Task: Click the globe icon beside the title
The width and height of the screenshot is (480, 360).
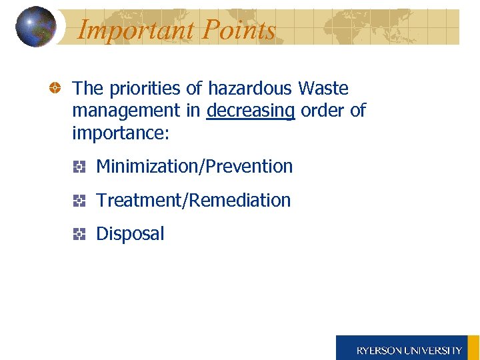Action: pyautogui.click(x=36, y=27)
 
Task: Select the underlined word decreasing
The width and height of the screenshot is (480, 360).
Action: pyautogui.click(x=251, y=111)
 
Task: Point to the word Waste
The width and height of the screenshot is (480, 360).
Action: pyautogui.click(x=323, y=88)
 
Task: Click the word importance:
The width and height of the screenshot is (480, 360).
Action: pyautogui.click(x=121, y=133)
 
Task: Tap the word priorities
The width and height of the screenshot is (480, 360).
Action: pyautogui.click(x=146, y=88)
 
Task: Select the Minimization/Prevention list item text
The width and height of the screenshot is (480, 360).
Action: pyautogui.click(x=195, y=166)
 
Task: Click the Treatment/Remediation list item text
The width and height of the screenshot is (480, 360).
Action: pyautogui.click(x=193, y=200)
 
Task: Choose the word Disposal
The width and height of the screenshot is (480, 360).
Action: pyautogui.click(x=130, y=233)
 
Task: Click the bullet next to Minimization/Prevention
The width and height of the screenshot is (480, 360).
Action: pyautogui.click(x=79, y=167)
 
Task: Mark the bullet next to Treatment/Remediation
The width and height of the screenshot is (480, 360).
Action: pyautogui.click(x=79, y=200)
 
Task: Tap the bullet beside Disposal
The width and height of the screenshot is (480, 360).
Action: pyautogui.click(x=79, y=234)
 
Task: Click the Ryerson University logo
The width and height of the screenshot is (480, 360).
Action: pyautogui.click(x=407, y=348)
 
